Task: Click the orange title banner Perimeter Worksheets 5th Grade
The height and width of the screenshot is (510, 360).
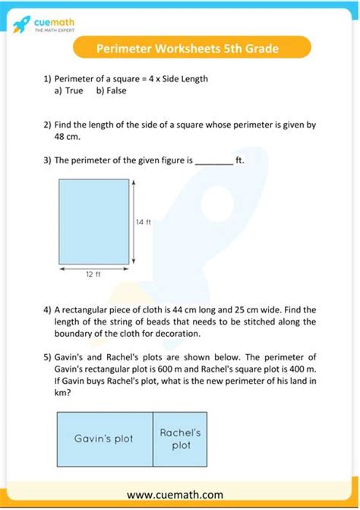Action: coord(188,49)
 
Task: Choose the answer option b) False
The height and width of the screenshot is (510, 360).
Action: coord(112,90)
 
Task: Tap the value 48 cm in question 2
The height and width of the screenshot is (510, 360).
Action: coord(67,137)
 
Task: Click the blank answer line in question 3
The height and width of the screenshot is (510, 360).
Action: coord(214,161)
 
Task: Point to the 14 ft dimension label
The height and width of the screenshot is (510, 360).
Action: coord(144,222)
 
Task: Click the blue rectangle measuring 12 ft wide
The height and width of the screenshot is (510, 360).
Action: coord(93,222)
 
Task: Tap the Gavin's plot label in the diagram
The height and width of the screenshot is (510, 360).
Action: coord(104,439)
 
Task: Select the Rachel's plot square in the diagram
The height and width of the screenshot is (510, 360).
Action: coord(180,439)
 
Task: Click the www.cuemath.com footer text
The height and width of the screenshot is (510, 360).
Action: coord(180,494)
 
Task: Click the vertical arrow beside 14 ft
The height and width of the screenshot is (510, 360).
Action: coord(134,222)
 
